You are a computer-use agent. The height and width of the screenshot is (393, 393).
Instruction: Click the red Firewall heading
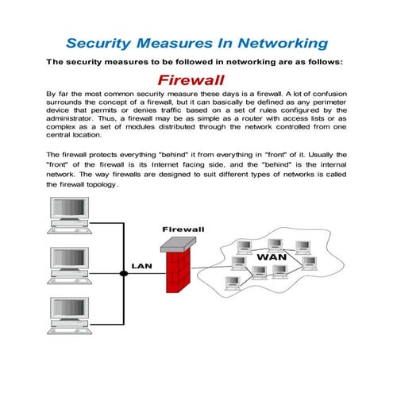[191, 80]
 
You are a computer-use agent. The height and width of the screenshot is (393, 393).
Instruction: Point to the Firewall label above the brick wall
[183, 229]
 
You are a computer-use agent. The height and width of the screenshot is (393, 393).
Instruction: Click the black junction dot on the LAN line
[123, 273]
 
